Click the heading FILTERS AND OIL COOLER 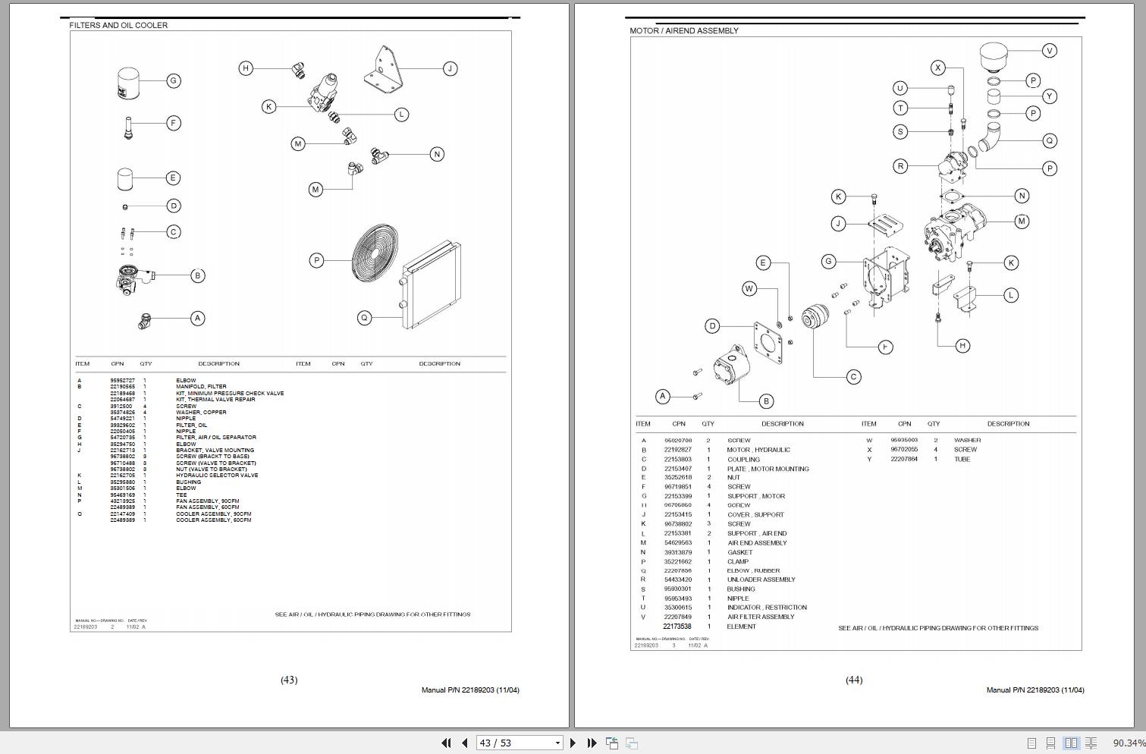tap(118, 25)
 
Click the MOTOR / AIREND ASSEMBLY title tap(683, 31)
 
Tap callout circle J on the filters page tap(450, 68)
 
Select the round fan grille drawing tap(375, 254)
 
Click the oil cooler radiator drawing tap(431, 284)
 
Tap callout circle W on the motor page tap(749, 288)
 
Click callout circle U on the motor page tap(900, 88)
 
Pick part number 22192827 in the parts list tap(677, 450)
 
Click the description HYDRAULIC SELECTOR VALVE tap(217, 476)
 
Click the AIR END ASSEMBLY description tap(757, 543)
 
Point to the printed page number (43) tap(289, 680)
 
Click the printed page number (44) tap(854, 680)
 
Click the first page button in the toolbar tap(446, 743)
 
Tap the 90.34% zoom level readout tap(1128, 743)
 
